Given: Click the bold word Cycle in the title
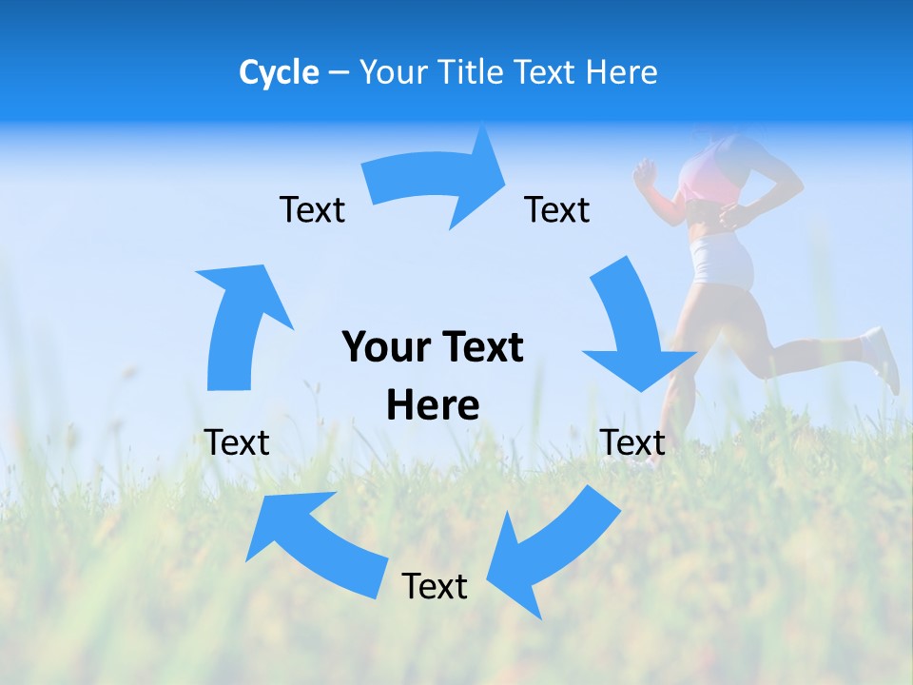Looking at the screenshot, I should [x=279, y=72].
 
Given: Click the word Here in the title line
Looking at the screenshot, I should [x=620, y=72].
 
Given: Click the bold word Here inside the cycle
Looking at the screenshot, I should [x=433, y=406].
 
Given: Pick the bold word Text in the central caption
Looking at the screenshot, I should [x=481, y=348].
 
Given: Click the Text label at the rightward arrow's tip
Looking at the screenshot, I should [x=557, y=209].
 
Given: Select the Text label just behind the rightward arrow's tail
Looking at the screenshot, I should [x=312, y=209].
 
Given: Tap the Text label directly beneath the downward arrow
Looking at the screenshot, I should [x=632, y=442].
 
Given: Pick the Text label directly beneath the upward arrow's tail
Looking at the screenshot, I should [x=237, y=442].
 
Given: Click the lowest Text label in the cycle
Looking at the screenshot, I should [x=435, y=586].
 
